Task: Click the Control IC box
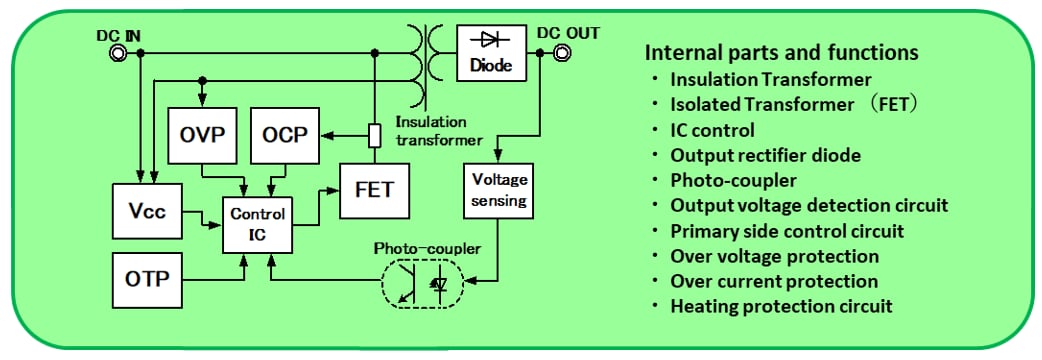pyautogui.click(x=257, y=223)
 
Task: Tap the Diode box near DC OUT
pyautogui.click(x=490, y=52)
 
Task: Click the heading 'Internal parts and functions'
pyautogui.click(x=781, y=52)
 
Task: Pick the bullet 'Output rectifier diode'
pyautogui.click(x=765, y=155)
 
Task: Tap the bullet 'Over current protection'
pyautogui.click(x=774, y=281)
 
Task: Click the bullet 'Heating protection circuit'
pyautogui.click(x=781, y=306)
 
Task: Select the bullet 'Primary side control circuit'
pyautogui.click(x=787, y=231)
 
